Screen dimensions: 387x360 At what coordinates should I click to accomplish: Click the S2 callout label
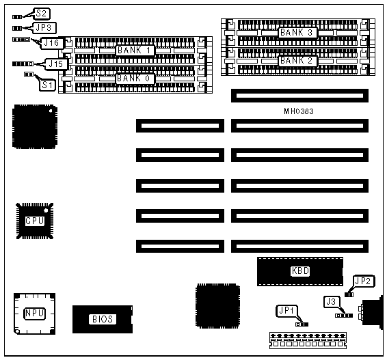(41, 13)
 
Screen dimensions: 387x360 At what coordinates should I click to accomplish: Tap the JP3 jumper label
(44, 27)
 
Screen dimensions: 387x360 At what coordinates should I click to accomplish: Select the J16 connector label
(51, 43)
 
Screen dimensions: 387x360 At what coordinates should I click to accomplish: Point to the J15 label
(56, 64)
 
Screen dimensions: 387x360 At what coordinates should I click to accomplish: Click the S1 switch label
(47, 85)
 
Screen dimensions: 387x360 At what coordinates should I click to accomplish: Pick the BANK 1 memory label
(135, 51)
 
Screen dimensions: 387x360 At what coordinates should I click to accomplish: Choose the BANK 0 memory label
(135, 79)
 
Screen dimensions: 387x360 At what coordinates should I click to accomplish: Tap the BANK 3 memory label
(297, 32)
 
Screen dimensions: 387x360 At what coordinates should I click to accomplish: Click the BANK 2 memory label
(297, 61)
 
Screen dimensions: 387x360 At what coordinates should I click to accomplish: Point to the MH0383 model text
(299, 111)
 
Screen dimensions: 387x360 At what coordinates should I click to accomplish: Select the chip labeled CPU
(35, 221)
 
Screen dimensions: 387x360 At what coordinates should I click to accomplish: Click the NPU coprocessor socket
(35, 314)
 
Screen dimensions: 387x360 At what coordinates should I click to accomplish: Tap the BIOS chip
(103, 319)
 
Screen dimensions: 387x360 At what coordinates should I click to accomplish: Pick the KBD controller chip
(300, 271)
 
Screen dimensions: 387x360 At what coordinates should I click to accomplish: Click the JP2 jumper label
(363, 281)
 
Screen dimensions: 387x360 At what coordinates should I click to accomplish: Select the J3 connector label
(332, 302)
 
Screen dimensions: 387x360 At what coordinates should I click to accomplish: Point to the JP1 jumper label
(286, 311)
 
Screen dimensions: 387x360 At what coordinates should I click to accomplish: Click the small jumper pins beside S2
(17, 17)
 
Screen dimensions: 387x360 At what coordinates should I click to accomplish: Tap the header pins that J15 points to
(23, 64)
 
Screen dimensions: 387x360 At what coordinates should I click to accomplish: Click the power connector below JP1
(308, 340)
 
